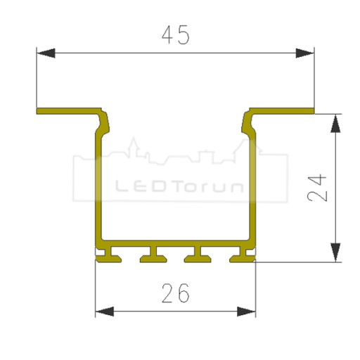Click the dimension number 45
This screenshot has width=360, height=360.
[176, 34]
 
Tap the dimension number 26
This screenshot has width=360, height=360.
[176, 293]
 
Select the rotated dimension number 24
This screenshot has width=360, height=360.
[317, 188]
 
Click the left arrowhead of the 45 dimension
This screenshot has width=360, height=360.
[46, 53]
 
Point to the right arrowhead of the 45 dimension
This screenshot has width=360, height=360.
[304, 53]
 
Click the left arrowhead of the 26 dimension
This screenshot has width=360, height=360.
[105, 311]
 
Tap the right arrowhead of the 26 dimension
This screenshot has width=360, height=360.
[246, 311]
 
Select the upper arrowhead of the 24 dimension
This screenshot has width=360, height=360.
[335, 124]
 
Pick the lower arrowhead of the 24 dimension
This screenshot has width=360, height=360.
[335, 252]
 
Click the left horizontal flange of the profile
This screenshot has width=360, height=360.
[68, 111]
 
